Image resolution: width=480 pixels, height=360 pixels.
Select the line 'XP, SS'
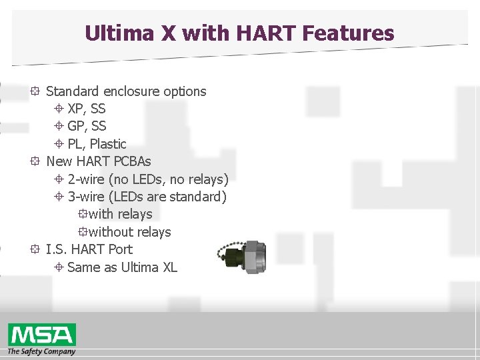click(86, 109)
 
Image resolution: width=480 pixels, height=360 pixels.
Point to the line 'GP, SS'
click(86, 126)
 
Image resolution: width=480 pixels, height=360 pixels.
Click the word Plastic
click(107, 144)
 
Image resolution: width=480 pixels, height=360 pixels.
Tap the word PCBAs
click(132, 161)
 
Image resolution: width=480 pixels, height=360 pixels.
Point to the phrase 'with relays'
click(120, 214)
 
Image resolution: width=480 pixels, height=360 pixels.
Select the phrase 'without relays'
click(129, 232)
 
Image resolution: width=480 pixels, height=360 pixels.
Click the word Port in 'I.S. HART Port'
click(119, 249)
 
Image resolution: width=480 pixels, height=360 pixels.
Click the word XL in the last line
click(169, 267)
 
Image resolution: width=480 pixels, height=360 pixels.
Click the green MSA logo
click(41, 334)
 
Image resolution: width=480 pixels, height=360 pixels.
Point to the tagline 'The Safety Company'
click(41, 351)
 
